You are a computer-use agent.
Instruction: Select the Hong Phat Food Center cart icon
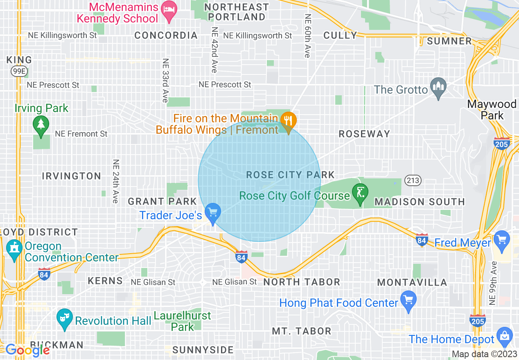point(408,301)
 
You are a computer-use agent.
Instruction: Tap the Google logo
point(27,350)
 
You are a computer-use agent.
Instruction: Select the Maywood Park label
point(492,110)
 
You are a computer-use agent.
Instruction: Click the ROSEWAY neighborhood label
point(364,134)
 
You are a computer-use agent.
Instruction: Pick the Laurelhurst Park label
point(183,321)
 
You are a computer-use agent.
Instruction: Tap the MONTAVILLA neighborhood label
point(412,282)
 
